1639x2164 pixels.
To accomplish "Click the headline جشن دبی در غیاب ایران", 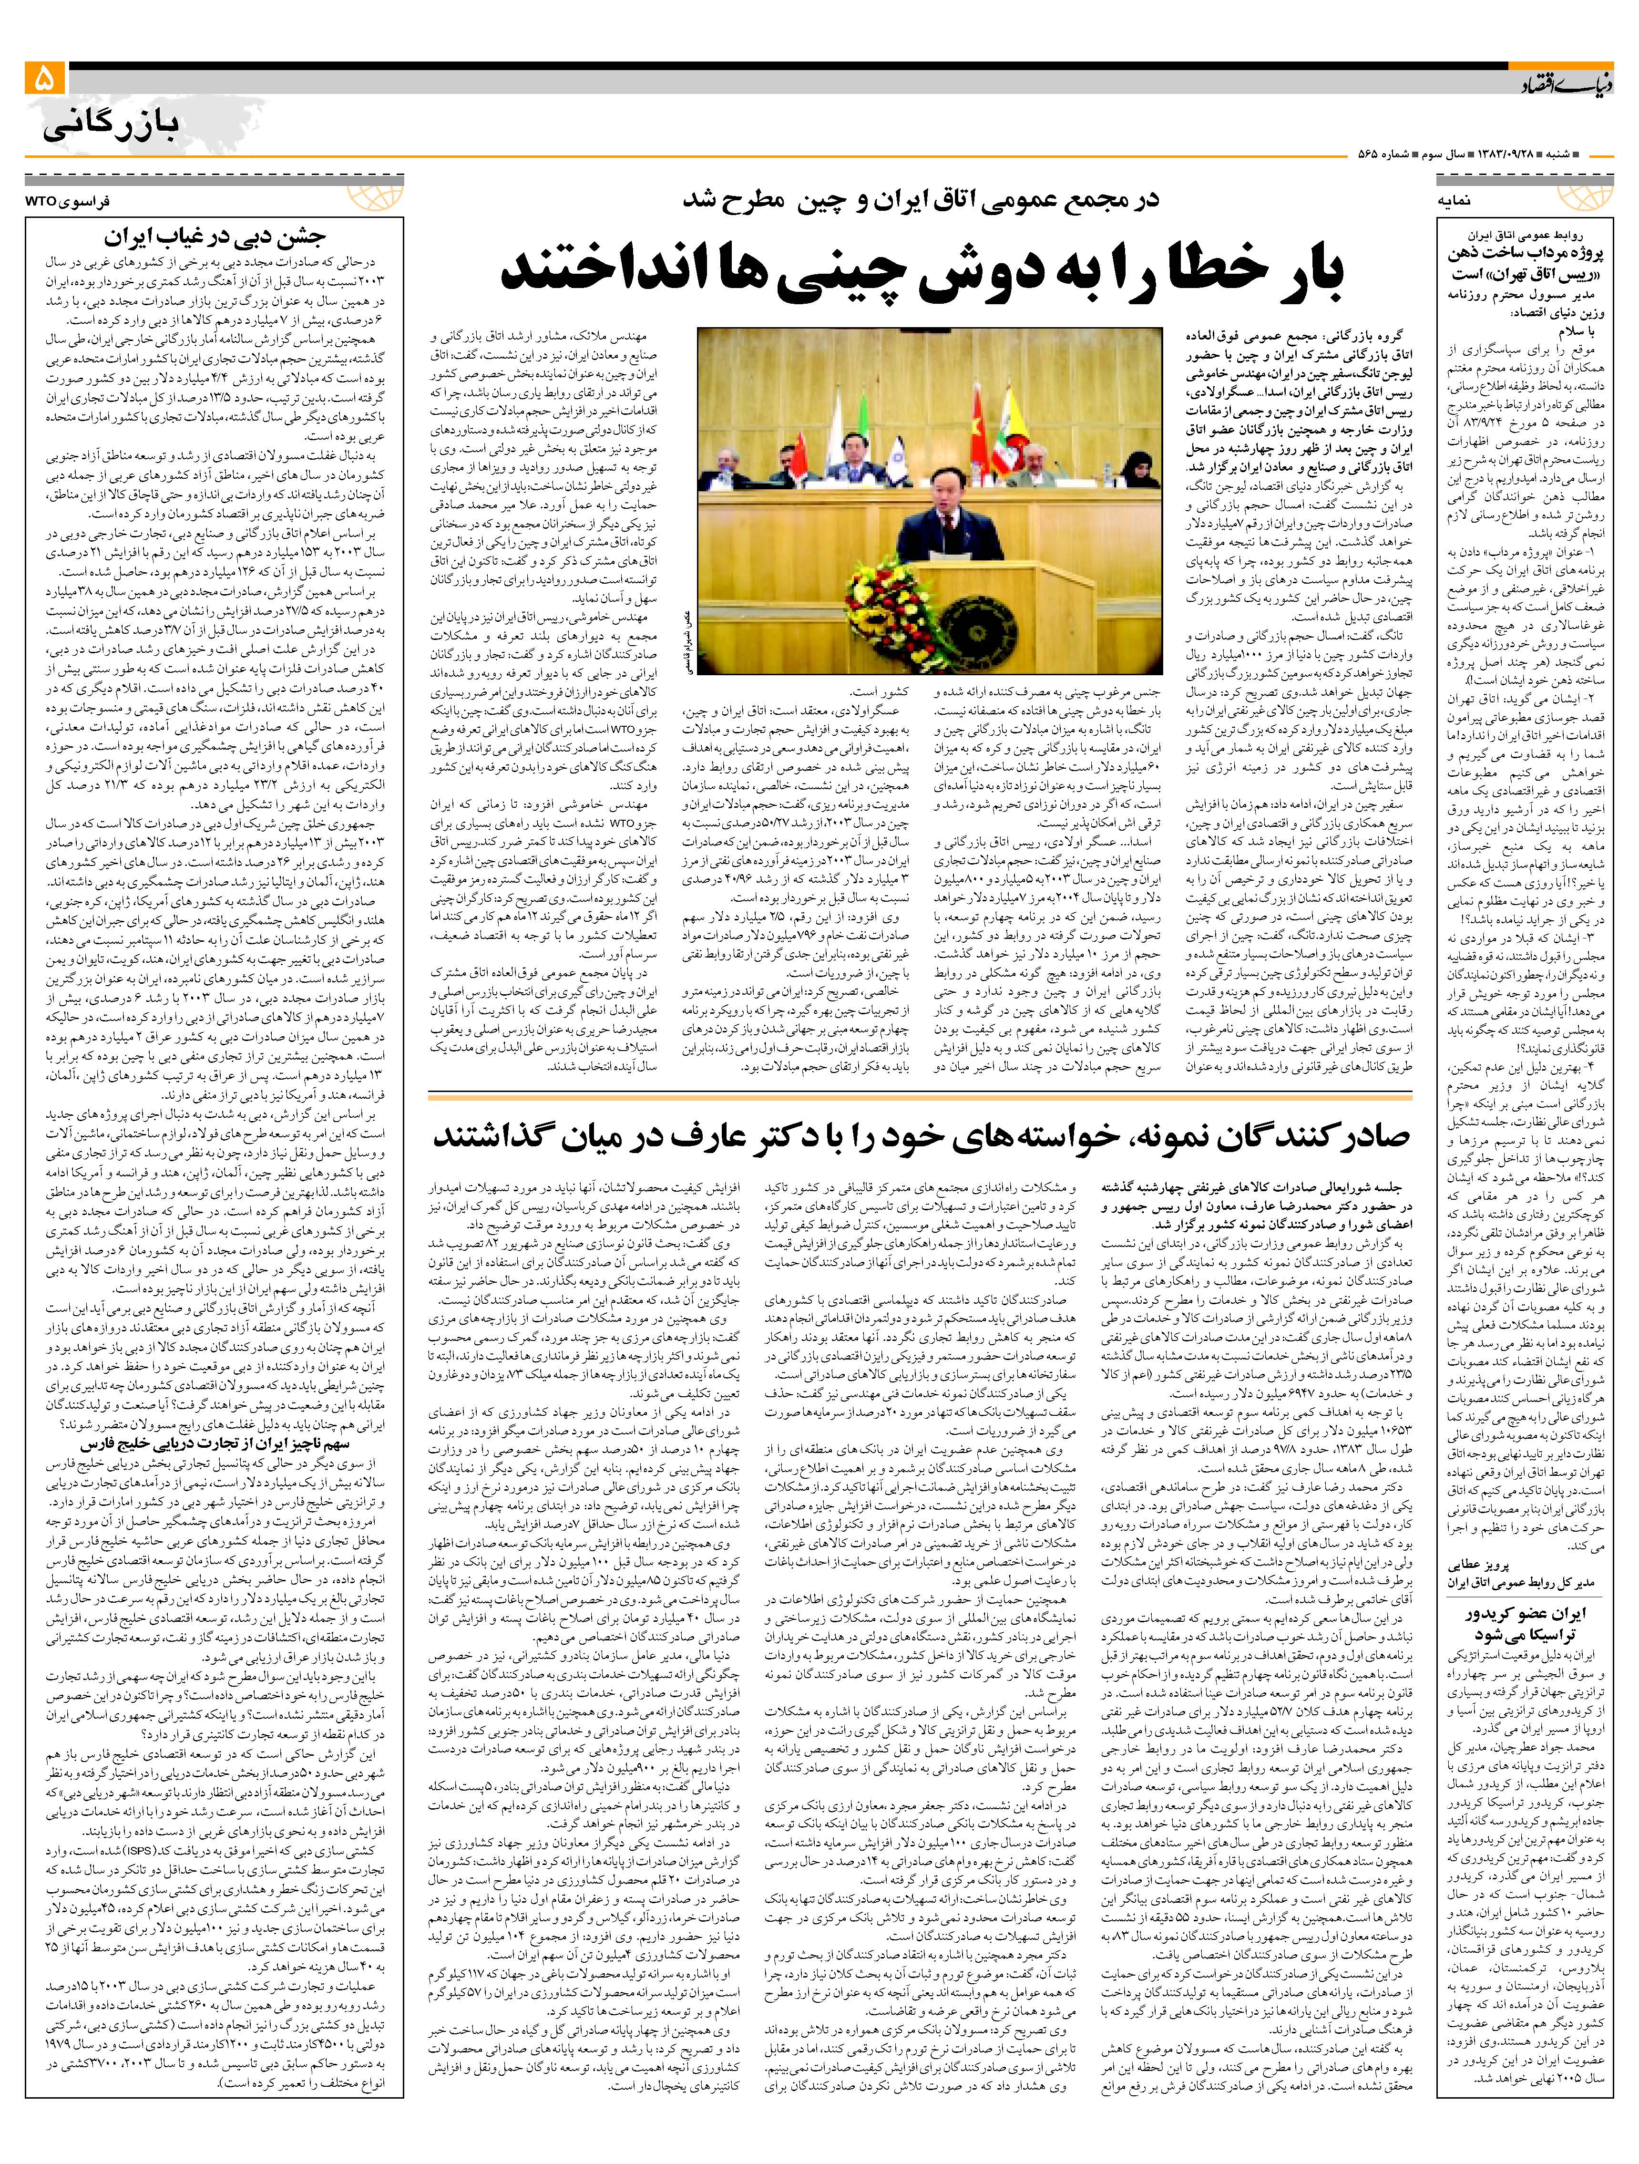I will [215, 237].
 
